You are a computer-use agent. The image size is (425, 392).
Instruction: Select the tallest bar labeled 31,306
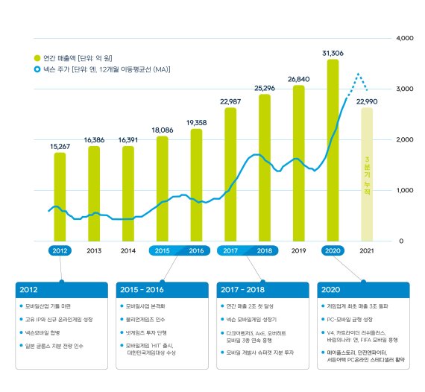click(x=333, y=149)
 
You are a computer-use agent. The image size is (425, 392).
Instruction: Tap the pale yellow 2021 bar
click(x=366, y=175)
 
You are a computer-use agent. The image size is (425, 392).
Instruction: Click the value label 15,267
click(x=60, y=146)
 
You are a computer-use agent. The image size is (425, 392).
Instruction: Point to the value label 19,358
click(x=196, y=122)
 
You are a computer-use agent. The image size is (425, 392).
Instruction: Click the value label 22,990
click(x=366, y=101)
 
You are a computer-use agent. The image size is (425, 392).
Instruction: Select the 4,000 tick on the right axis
click(x=403, y=38)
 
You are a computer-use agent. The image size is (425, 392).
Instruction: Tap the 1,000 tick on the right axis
click(x=403, y=191)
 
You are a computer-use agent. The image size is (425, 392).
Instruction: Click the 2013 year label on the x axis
click(x=94, y=251)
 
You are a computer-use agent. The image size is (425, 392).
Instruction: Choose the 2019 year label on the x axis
click(x=298, y=251)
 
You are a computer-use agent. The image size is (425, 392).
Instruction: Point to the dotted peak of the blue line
click(x=359, y=75)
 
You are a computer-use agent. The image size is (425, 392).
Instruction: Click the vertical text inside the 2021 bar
click(x=366, y=176)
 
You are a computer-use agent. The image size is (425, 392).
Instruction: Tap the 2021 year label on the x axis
click(x=366, y=251)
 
